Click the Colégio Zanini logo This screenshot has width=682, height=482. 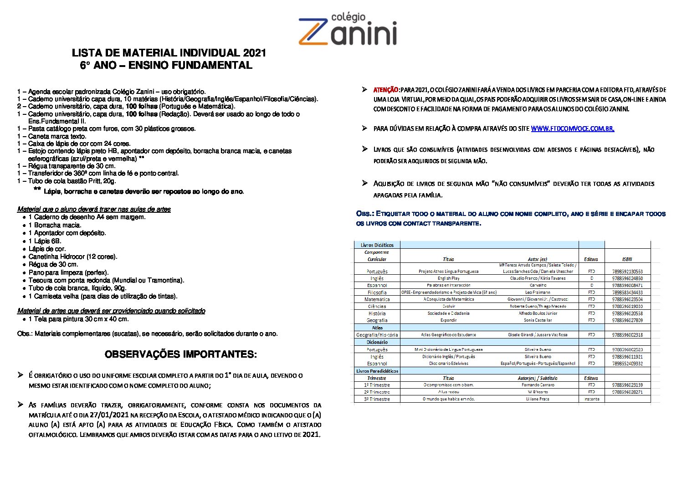click(347, 30)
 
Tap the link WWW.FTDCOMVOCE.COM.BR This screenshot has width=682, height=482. click(572, 129)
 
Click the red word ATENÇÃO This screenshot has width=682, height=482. click(386, 90)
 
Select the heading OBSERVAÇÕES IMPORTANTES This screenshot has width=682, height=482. click(180, 354)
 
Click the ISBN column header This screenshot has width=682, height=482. click(627, 259)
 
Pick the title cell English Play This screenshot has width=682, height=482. click(448, 278)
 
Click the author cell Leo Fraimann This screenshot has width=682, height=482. click(538, 292)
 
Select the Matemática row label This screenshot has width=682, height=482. click(377, 299)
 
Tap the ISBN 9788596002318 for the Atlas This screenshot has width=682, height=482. click(627, 335)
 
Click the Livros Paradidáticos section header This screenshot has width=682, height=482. click(377, 371)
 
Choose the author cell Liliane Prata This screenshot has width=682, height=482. click(538, 399)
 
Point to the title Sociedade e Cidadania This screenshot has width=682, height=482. click(448, 313)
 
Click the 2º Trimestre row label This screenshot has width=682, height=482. click(377, 392)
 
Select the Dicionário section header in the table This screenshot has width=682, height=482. click(377, 342)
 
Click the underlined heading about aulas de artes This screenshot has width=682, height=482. click(94, 209)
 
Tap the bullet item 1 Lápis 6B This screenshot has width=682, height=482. click(45, 241)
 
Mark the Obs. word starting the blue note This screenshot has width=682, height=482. click(364, 214)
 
